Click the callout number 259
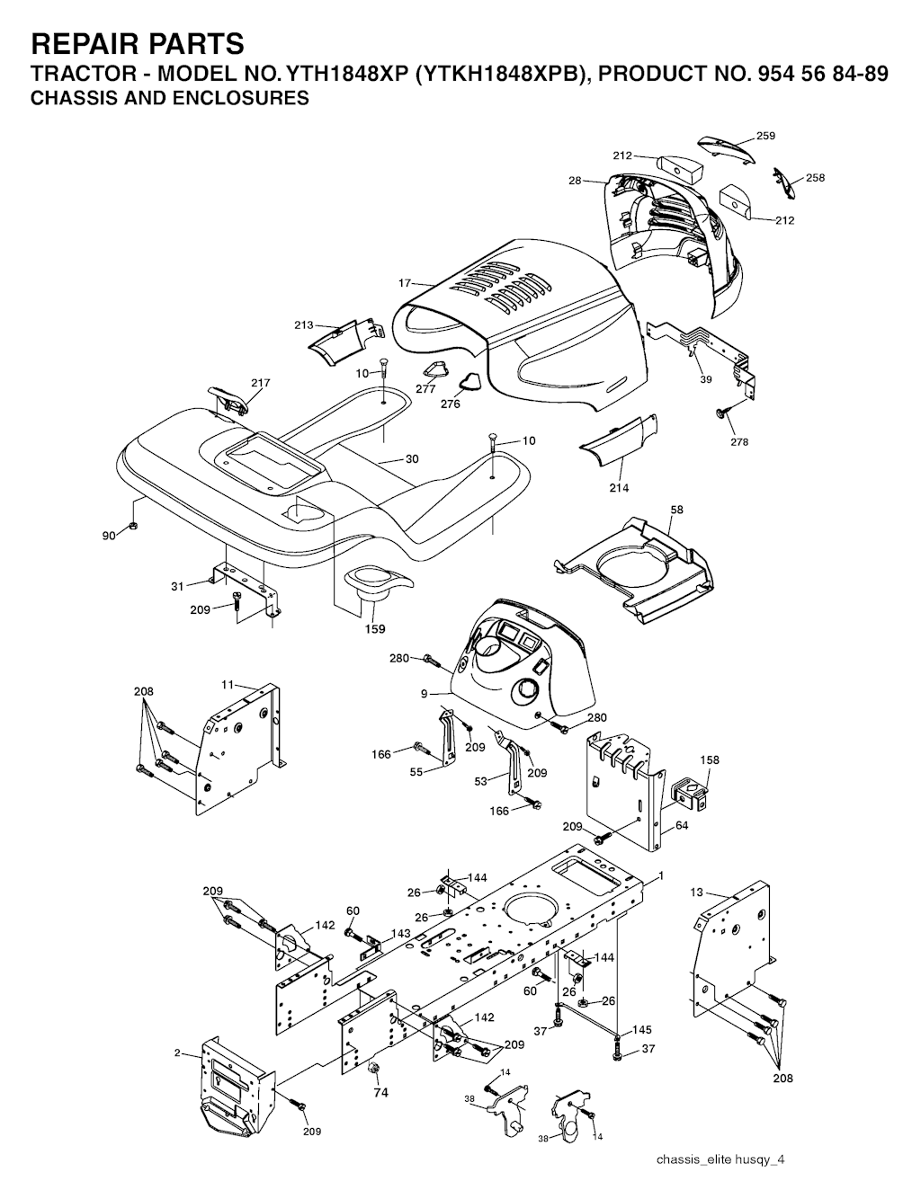765,136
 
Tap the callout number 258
815,178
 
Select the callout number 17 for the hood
405,283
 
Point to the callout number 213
304,324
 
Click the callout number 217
260,382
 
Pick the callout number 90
109,535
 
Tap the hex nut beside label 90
132,526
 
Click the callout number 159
375,629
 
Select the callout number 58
676,510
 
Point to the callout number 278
739,441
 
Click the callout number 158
710,759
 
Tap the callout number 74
381,1093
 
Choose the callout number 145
641,1030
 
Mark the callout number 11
228,685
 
